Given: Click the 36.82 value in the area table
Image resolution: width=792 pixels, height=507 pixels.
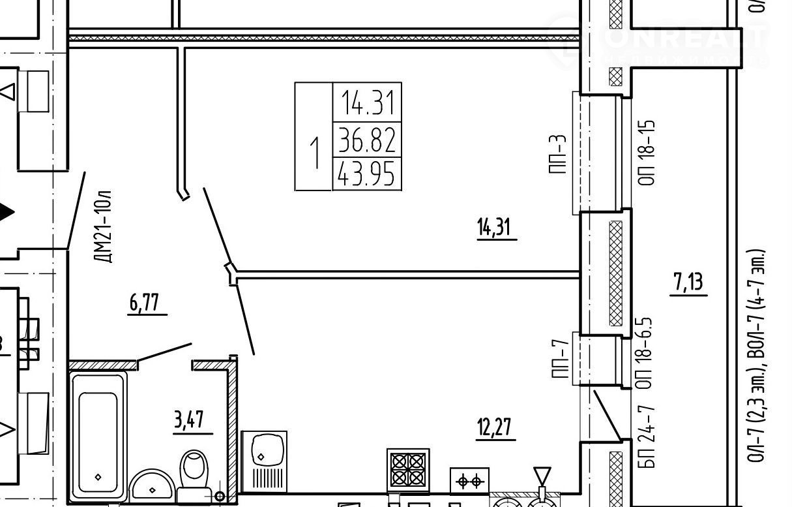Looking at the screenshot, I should pyautogui.click(x=367, y=139).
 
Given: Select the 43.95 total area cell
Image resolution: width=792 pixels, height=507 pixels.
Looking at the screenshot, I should pyautogui.click(x=367, y=174).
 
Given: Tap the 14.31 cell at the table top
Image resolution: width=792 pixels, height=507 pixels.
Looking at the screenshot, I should pyautogui.click(x=367, y=102).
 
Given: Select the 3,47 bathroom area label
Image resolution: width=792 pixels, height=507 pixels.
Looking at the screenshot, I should pyautogui.click(x=193, y=420).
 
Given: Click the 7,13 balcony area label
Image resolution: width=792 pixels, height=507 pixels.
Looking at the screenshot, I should pyautogui.click(x=688, y=284).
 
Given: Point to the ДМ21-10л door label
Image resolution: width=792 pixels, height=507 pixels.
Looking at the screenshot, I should pyautogui.click(x=105, y=226).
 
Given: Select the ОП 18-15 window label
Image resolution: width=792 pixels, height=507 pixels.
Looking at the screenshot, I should pyautogui.click(x=646, y=153).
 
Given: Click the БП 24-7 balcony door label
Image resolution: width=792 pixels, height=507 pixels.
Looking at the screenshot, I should pyautogui.click(x=647, y=437).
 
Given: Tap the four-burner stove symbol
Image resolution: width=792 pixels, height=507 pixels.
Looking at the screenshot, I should pyautogui.click(x=408, y=469).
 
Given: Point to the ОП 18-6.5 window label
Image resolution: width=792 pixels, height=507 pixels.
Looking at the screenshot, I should pyautogui.click(x=646, y=353).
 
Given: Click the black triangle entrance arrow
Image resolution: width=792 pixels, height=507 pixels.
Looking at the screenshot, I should pyautogui.click(x=6, y=213).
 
